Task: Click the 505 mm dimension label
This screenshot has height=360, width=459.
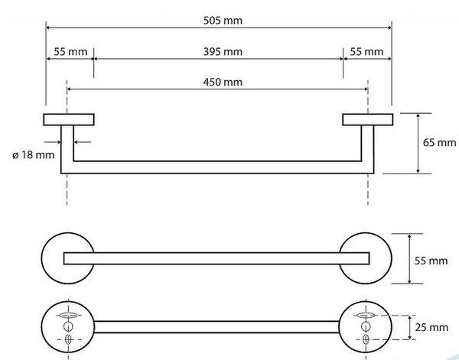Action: pyautogui.click(x=223, y=21)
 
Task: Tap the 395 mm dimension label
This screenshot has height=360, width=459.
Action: pyautogui.click(x=223, y=52)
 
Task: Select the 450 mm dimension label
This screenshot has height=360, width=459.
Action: pyautogui.click(x=223, y=82)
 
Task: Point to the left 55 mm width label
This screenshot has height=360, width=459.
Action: pyautogui.click(x=70, y=52)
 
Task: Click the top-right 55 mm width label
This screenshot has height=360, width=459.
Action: pyautogui.click(x=366, y=52)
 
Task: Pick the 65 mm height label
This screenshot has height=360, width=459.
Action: pyautogui.click(x=439, y=142)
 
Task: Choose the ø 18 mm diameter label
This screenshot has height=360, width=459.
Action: pyautogui.click(x=34, y=154)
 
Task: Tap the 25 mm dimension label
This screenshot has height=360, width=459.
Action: pyautogui.click(x=431, y=327)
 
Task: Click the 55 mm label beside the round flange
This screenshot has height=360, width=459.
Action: pyautogui.click(x=431, y=261)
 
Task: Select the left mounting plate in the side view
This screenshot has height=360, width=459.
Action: pyautogui.click(x=69, y=119)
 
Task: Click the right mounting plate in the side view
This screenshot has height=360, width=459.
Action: pyautogui.click(x=368, y=119)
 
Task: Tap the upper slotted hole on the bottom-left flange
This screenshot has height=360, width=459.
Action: pyautogui.click(x=68, y=315)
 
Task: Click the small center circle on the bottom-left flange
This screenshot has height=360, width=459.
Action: pyautogui.click(x=68, y=326)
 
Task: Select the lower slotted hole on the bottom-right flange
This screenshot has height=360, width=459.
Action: pyautogui.click(x=366, y=339)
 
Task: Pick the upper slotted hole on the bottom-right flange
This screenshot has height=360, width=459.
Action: pyautogui.click(x=366, y=315)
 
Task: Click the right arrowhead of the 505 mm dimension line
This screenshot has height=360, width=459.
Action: pyautogui.click(x=389, y=28)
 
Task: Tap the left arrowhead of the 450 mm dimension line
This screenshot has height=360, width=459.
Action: pyautogui.click(x=70, y=89)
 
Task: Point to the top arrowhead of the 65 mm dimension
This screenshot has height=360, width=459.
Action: pyautogui.click(x=418, y=116)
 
